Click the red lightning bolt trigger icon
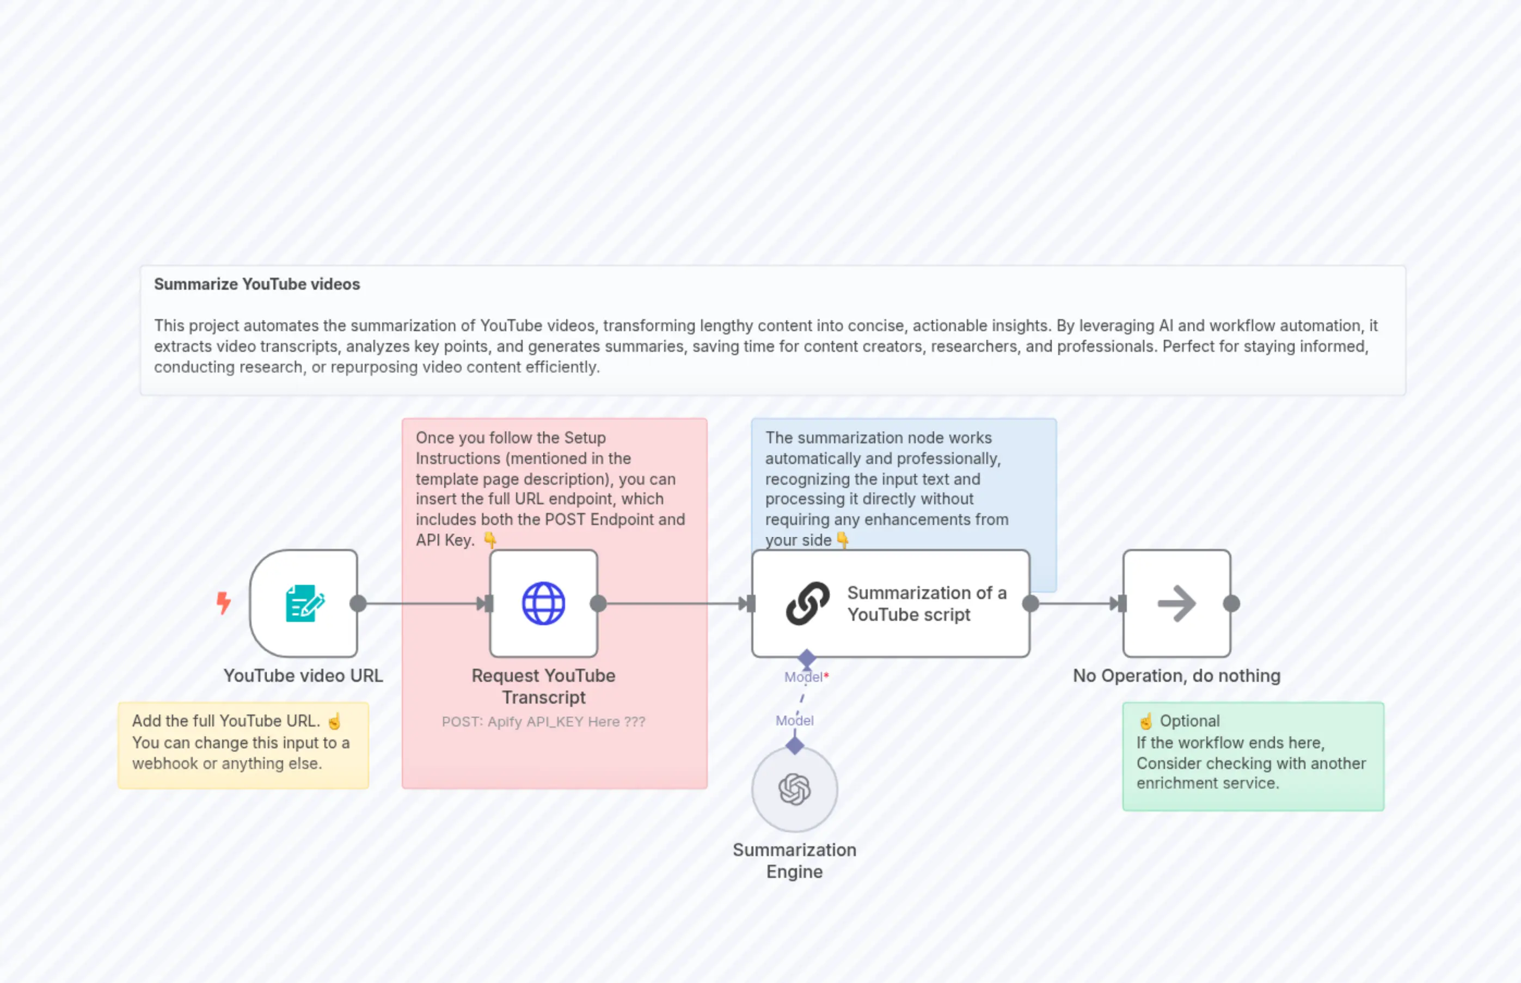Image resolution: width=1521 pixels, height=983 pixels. click(x=223, y=602)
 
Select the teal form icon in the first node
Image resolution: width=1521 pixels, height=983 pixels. click(x=304, y=603)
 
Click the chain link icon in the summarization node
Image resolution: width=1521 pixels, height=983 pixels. click(x=808, y=603)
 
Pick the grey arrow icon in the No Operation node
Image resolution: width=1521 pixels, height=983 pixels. click(x=1176, y=603)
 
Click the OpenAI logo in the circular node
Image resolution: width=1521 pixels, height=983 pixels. click(x=794, y=790)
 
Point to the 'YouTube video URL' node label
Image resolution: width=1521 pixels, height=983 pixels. click(x=303, y=675)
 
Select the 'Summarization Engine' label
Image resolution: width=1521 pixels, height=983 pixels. click(x=794, y=860)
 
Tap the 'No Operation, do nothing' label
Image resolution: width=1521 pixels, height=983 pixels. click(x=1176, y=675)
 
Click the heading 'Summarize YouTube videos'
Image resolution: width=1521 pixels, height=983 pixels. click(x=257, y=284)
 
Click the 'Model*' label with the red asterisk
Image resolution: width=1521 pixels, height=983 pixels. click(x=806, y=676)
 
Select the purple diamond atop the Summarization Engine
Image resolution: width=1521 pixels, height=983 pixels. click(x=794, y=745)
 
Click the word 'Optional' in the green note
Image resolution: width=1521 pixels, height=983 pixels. click(x=1189, y=721)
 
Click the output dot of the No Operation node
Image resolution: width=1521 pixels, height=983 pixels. click(x=1231, y=603)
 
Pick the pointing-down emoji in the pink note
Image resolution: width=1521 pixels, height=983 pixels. click(x=490, y=540)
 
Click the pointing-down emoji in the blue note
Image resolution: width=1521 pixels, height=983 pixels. click(x=843, y=540)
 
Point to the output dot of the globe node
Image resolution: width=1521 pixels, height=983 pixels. click(x=598, y=603)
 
